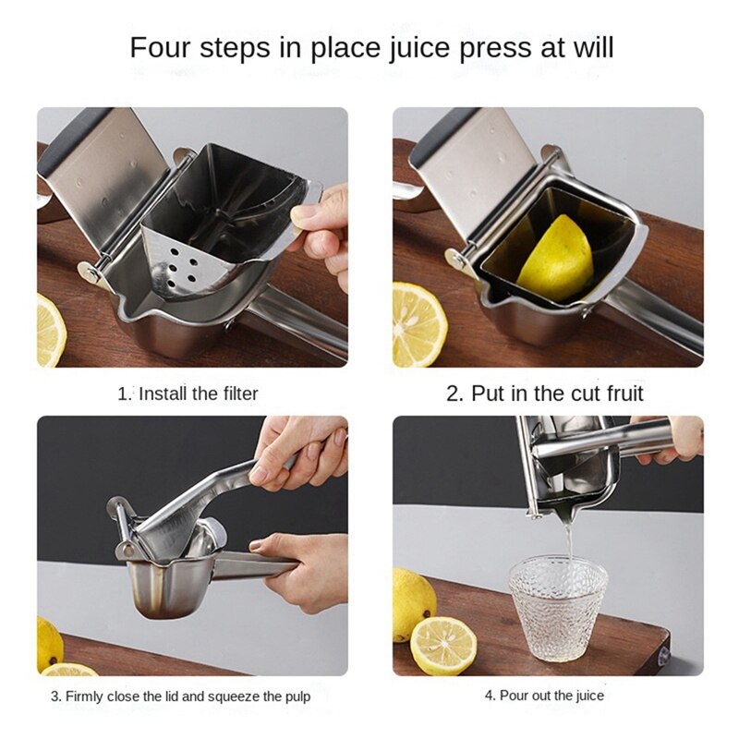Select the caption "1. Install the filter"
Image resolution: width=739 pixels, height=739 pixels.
(x=188, y=394)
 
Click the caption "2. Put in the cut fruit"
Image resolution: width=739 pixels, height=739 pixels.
(x=545, y=394)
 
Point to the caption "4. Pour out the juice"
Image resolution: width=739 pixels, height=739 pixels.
(x=545, y=696)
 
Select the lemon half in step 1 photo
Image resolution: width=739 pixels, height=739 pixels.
(x=50, y=328)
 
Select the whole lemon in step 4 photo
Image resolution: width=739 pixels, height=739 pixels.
(x=412, y=600)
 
